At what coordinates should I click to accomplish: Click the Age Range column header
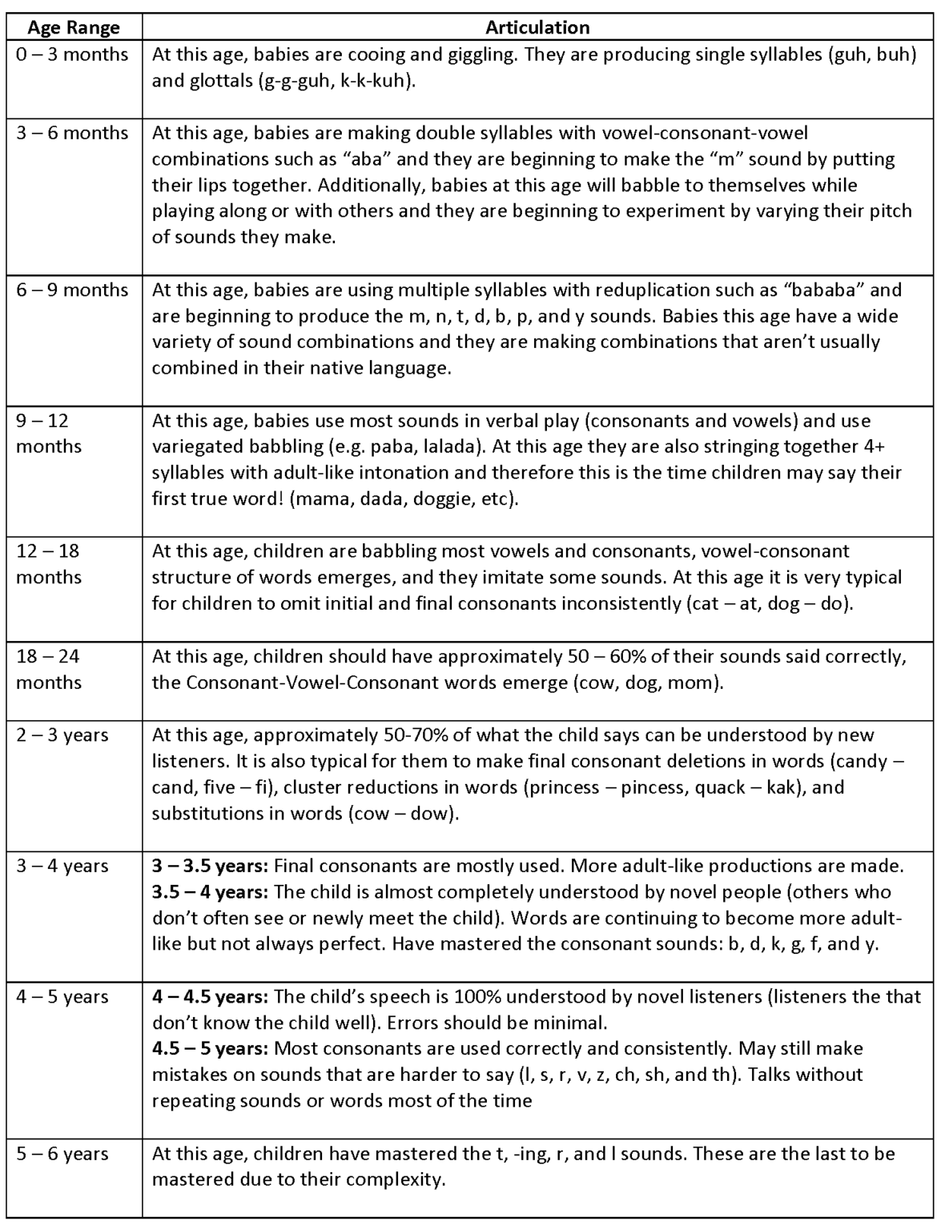click(73, 27)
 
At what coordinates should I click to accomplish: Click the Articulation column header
click(537, 27)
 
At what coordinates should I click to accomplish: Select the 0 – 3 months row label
click(72, 54)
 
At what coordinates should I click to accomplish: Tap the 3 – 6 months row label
click(72, 133)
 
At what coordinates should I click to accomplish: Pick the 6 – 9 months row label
click(72, 290)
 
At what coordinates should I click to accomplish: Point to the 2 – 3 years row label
click(62, 735)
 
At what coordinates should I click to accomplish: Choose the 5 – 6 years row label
click(62, 1154)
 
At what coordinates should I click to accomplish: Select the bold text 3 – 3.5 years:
click(211, 866)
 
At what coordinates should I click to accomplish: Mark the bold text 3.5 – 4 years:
click(211, 892)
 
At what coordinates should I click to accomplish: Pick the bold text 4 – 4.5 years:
click(211, 997)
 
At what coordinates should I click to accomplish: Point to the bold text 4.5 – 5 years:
click(211, 1048)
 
